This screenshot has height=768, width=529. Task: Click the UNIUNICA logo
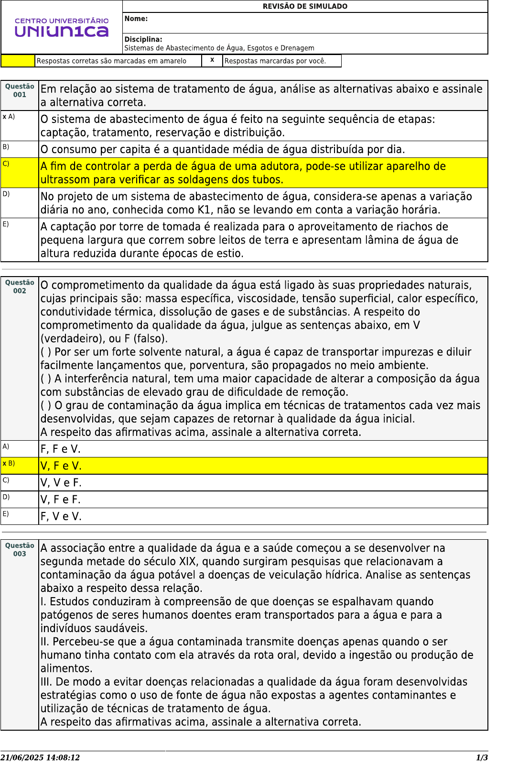(x=62, y=28)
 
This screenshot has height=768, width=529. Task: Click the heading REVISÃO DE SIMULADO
(x=305, y=6)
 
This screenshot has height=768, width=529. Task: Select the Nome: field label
(x=136, y=19)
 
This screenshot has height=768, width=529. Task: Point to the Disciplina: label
(x=143, y=39)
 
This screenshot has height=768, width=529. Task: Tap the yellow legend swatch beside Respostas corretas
(x=18, y=61)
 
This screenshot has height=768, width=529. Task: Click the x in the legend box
(x=212, y=60)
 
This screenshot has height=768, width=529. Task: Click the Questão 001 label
(x=20, y=90)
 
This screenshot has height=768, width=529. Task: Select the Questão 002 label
(x=20, y=287)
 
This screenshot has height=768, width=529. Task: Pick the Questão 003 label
(x=20, y=550)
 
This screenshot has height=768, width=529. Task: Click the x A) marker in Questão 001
(x=9, y=117)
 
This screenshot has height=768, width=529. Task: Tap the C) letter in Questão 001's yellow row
(x=6, y=164)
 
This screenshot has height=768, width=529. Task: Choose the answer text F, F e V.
(x=61, y=449)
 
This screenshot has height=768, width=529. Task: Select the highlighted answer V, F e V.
(x=61, y=466)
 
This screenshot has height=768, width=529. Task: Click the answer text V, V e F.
(x=61, y=483)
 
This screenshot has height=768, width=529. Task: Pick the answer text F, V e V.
(x=61, y=517)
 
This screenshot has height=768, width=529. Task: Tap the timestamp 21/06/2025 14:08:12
(x=40, y=758)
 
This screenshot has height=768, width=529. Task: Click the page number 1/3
(x=482, y=758)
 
